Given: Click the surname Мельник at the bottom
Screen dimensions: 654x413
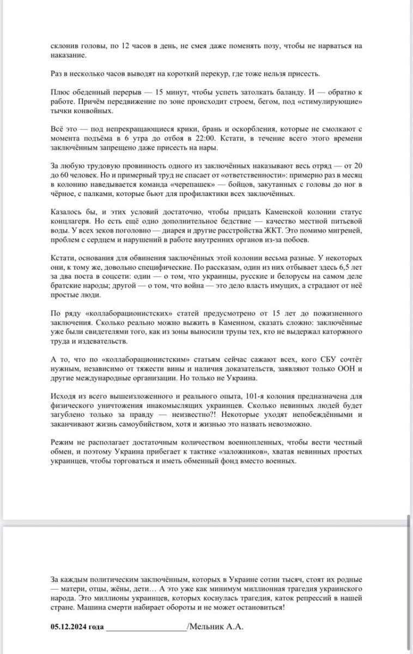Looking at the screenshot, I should coord(208,627).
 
